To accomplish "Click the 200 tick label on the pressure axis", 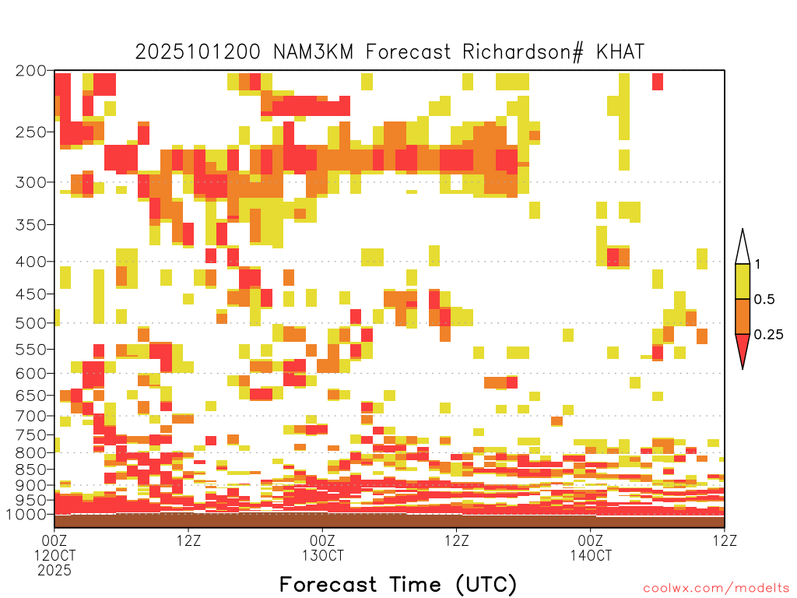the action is [30, 71].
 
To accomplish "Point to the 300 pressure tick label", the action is [30, 182].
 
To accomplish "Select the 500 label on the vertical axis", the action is [30, 323].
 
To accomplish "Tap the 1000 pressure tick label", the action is [26, 514].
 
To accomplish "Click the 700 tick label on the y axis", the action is [30, 416].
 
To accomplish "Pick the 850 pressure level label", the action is [30, 470].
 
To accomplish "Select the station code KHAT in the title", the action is [620, 52].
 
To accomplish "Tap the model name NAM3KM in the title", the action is [313, 52].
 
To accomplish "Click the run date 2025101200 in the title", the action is [198, 52].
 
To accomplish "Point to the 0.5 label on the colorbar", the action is [764, 299].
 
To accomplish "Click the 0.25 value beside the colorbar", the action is [768, 335].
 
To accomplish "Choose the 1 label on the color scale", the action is [757, 264].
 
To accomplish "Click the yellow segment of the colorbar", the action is [743, 281].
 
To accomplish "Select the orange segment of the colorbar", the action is [743, 317].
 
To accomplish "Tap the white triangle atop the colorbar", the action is [743, 250].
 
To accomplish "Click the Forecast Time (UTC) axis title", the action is [398, 584].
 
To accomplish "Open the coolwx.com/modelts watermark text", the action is [717, 589].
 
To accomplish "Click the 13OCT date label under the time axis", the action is [323, 555].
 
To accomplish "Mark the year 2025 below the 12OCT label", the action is [54, 571].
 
